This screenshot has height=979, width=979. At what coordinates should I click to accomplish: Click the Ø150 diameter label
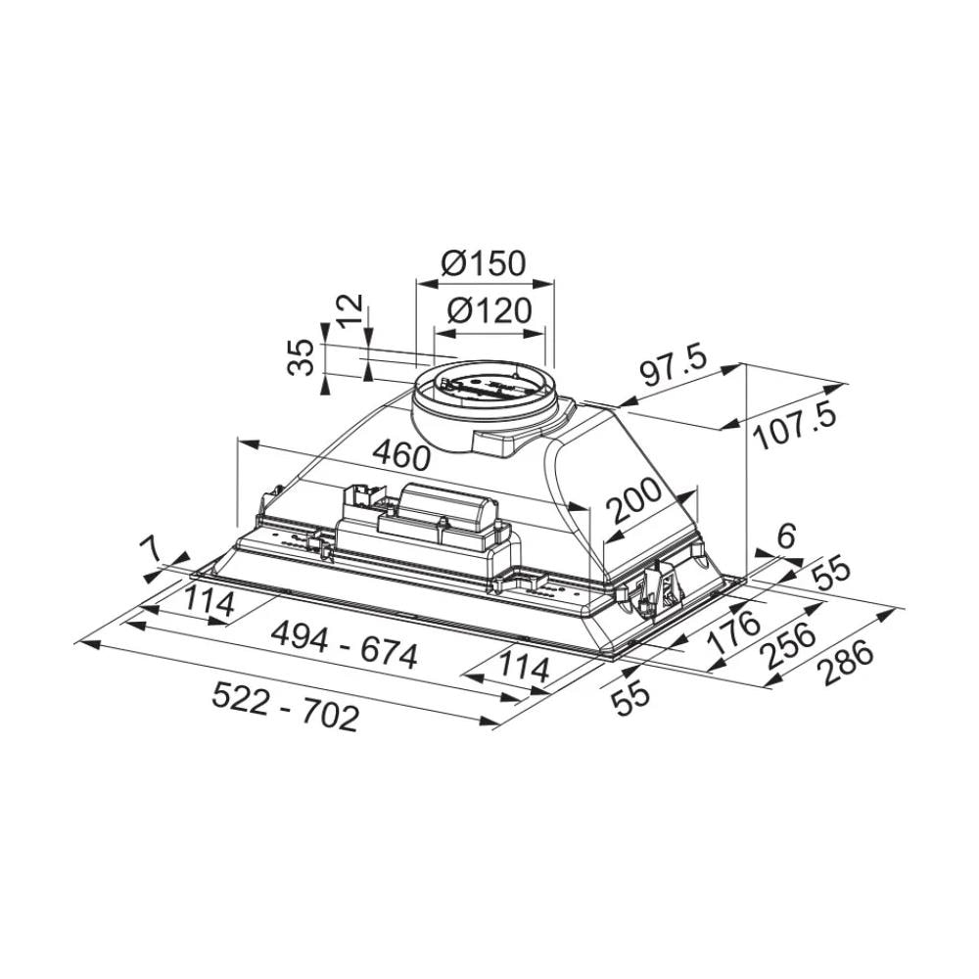coord(484,263)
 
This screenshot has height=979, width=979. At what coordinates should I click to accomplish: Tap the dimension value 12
coord(351,311)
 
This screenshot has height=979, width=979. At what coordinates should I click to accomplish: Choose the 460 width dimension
coord(400,456)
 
